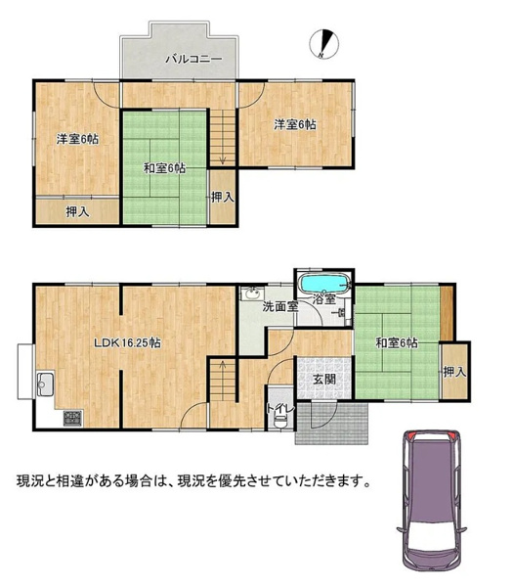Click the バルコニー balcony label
194,59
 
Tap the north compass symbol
324,44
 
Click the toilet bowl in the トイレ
280,421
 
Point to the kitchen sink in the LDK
46,384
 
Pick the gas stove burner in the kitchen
73,418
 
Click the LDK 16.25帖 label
127,342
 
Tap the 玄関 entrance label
324,380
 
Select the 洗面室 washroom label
280,306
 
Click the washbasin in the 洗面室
253,293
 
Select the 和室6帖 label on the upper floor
165,168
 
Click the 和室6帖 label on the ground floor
397,342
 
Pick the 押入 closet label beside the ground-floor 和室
455,372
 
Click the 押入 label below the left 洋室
78,212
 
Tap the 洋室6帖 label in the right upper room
295,124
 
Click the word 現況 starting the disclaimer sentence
28,480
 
